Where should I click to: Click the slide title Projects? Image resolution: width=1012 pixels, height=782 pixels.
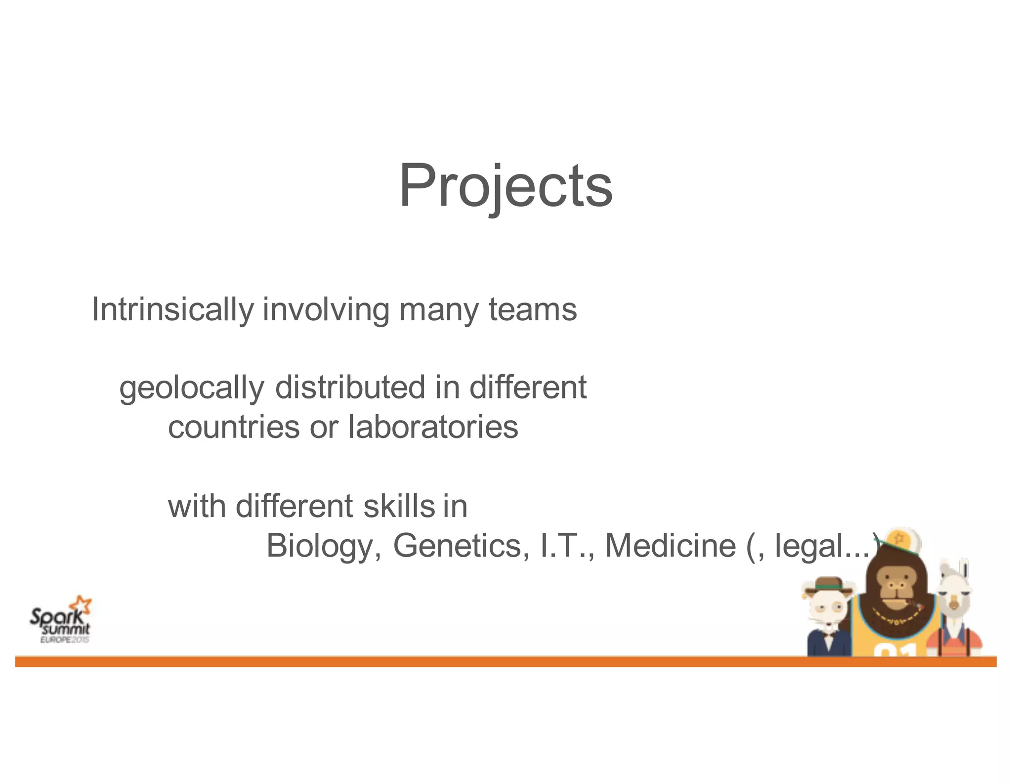click(506, 186)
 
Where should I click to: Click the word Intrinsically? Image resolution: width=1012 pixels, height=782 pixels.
click(172, 310)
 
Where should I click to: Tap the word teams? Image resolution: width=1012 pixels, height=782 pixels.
click(532, 310)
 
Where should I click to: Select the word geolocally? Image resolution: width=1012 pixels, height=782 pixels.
click(191, 388)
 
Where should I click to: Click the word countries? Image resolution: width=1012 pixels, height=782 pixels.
click(233, 427)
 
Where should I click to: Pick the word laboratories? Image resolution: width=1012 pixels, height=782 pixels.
click(433, 427)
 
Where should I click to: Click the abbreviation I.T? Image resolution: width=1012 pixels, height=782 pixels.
click(566, 546)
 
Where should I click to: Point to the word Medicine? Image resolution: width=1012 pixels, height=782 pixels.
click(671, 546)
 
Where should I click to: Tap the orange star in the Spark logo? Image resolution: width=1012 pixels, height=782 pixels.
click(81, 605)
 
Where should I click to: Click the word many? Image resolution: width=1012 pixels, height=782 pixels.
click(439, 310)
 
